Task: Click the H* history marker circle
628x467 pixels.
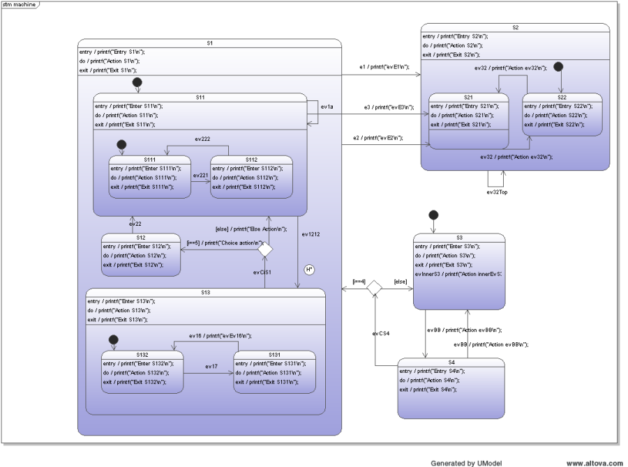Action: pyautogui.click(x=308, y=269)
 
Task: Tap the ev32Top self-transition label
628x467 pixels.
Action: pyautogui.click(x=499, y=192)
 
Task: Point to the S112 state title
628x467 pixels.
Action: pyautogui.click(x=251, y=160)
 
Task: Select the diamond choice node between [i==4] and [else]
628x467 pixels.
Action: pyautogui.click(x=375, y=286)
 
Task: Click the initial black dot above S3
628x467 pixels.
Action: pyautogui.click(x=433, y=215)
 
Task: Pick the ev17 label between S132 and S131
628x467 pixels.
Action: pyautogui.click(x=211, y=367)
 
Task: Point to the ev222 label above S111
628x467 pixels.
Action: pyautogui.click(x=202, y=139)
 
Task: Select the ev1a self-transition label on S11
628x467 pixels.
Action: pyautogui.click(x=326, y=108)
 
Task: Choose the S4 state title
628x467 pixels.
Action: pyautogui.click(x=451, y=362)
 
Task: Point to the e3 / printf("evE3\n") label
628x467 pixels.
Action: pyautogui.click(x=389, y=107)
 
